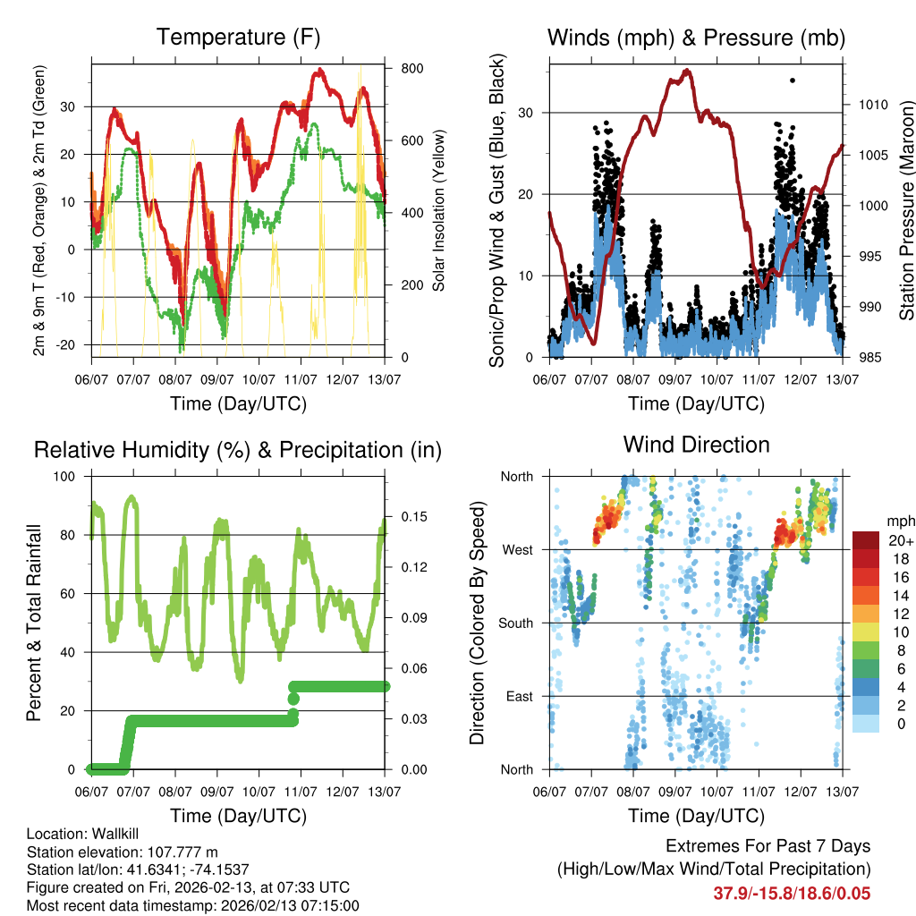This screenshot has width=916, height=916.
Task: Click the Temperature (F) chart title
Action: [238, 38]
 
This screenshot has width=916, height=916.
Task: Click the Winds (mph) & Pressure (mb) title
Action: [696, 38]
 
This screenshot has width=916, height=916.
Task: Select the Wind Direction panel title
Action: [696, 445]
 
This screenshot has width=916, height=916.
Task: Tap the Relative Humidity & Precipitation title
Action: [238, 450]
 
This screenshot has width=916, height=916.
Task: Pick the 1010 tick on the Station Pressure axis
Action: [872, 105]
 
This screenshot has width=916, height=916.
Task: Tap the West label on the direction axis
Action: [517, 549]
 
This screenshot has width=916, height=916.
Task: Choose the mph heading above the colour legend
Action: [898, 521]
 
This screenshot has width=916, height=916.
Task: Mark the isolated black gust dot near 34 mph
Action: [792, 81]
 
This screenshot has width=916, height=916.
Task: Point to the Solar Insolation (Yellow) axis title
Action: [439, 212]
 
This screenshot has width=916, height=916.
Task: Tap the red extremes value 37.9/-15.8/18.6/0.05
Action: [792, 894]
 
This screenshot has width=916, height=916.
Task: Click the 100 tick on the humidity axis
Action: [69, 477]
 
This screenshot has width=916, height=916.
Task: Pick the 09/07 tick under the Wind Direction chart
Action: [674, 792]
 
